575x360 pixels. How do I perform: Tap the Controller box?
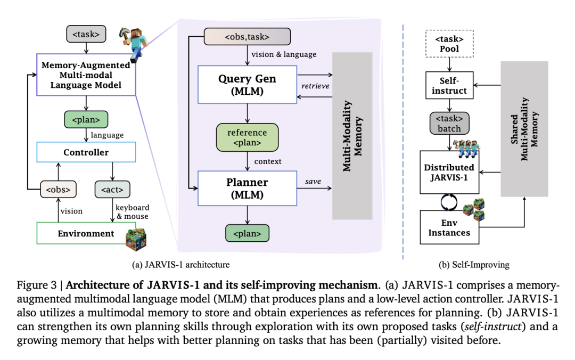click(86, 152)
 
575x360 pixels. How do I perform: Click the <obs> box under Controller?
click(55, 189)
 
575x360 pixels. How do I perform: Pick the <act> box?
click(112, 189)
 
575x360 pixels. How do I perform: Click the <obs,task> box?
click(247, 37)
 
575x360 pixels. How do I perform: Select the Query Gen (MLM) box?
click(247, 85)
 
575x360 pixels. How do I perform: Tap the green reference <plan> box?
click(247, 137)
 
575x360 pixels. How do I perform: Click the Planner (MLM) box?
click(247, 188)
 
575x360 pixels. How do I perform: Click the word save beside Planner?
click(313, 181)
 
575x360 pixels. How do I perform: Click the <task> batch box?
click(450, 122)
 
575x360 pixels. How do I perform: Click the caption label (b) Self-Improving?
click(472, 265)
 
